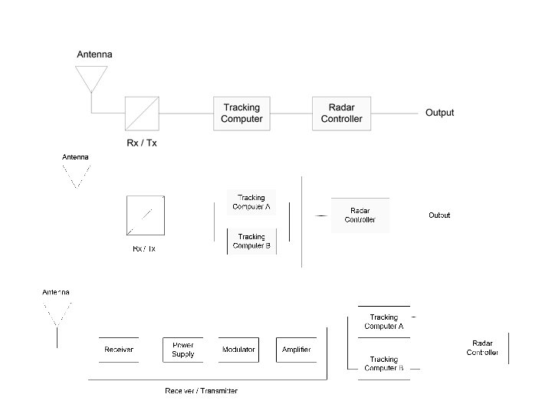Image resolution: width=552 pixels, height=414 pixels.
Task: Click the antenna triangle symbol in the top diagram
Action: [91, 77]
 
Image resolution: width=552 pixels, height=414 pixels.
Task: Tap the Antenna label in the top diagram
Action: [94, 54]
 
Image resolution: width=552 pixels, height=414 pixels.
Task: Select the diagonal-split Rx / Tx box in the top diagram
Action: [142, 113]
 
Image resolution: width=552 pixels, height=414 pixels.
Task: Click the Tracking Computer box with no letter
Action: [242, 113]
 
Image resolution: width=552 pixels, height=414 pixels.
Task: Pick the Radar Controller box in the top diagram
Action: [341, 113]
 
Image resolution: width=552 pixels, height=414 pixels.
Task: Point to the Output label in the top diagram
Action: [439, 113]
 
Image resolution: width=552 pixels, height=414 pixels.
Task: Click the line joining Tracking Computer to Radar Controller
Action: [291, 113]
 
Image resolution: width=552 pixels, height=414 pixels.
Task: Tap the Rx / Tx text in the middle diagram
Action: [144, 248]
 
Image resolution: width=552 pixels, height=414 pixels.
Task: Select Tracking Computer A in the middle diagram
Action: [251, 202]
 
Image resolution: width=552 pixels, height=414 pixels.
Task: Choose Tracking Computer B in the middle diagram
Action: [251, 242]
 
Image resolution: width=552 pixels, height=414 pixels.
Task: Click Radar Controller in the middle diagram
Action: [360, 215]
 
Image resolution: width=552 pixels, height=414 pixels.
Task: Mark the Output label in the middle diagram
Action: [439, 215]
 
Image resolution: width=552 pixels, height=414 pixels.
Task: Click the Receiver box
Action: [119, 350]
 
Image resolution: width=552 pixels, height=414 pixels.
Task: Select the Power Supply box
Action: [183, 350]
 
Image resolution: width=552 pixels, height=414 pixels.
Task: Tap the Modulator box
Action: [238, 350]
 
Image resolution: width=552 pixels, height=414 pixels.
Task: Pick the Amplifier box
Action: [296, 350]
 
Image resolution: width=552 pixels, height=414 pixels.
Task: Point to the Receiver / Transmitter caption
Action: [201, 391]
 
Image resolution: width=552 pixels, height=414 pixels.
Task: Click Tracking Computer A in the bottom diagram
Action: [383, 321]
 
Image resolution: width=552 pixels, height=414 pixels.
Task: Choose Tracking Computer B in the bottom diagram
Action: [383, 363]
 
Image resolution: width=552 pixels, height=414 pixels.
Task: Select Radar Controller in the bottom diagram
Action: [483, 347]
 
